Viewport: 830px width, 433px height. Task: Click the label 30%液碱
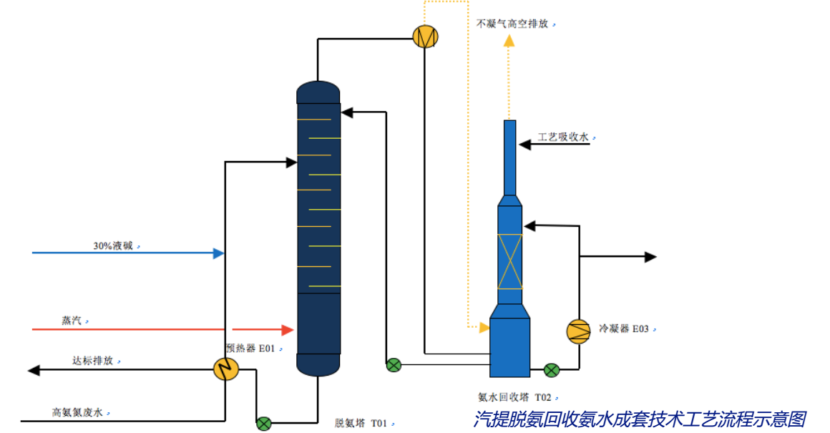click(113, 246)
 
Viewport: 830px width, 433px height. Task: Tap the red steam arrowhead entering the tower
click(288, 330)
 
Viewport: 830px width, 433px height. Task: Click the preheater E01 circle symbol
click(227, 369)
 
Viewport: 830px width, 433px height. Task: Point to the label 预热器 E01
click(251, 349)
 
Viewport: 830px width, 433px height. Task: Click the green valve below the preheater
click(264, 423)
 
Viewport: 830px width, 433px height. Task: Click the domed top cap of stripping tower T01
click(318, 91)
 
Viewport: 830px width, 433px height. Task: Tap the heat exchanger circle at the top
click(426, 36)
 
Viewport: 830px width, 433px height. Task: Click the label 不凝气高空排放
click(512, 24)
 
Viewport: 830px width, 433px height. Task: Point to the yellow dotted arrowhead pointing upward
click(509, 40)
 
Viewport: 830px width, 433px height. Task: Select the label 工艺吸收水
click(563, 137)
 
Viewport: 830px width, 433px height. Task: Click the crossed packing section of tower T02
click(509, 261)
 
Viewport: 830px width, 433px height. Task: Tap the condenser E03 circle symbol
click(578, 331)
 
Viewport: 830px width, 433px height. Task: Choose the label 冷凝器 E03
click(624, 329)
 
